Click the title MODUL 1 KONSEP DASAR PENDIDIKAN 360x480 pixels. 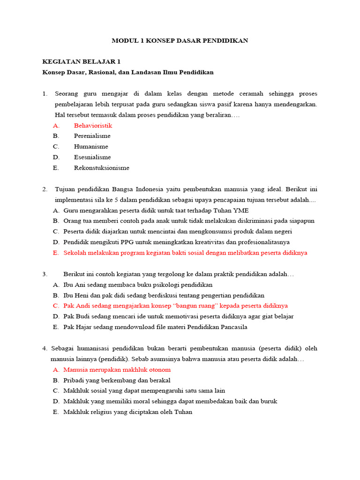click(180, 41)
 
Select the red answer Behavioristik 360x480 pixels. click(93, 126)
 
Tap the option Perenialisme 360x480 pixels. click(92, 136)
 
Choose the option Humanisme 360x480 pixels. click(91, 147)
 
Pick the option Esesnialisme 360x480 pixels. click(92, 157)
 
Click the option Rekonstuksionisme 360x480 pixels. click(101, 168)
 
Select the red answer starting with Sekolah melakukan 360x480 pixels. click(185, 253)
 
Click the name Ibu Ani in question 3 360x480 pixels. click(75, 285)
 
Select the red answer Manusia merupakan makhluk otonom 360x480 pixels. click(117, 369)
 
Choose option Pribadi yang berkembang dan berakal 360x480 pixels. click(117, 380)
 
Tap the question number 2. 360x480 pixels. click(45, 189)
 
